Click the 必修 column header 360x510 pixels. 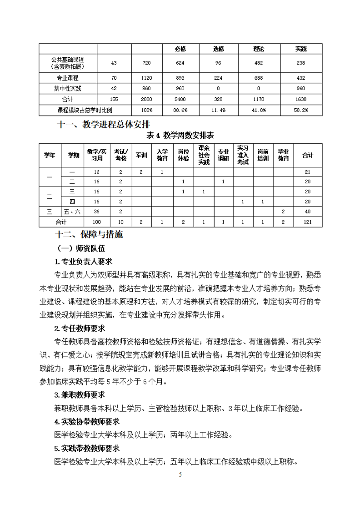click(180, 49)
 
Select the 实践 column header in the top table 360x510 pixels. click(300, 49)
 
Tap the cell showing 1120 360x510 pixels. click(147, 78)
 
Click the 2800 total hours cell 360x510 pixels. click(147, 99)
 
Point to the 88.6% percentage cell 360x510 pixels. click(180, 110)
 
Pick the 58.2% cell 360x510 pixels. click(300, 110)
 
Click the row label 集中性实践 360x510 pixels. click(68, 88)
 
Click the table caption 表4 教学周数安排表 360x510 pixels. click(180, 135)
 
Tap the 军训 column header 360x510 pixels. click(141, 155)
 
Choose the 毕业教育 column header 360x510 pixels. click(284, 155)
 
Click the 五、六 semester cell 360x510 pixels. click(71, 211)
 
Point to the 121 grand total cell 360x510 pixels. click(308, 222)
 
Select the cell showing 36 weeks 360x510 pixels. click(96, 211)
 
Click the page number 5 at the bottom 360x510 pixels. click(180, 475)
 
